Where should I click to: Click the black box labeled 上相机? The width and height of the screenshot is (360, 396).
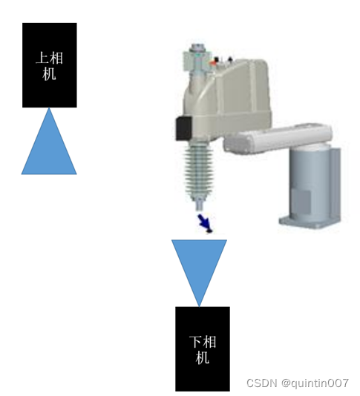point(50,65)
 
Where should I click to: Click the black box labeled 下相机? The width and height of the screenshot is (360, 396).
point(203,349)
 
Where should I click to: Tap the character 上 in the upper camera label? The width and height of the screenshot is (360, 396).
point(42,58)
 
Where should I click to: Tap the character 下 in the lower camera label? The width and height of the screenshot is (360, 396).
point(196,342)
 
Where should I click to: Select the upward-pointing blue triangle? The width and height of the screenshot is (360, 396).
point(49,147)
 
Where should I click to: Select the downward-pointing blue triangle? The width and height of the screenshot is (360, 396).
point(199,268)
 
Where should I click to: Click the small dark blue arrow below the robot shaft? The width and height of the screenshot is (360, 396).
point(206,223)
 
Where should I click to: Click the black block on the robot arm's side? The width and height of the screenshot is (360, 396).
point(183,128)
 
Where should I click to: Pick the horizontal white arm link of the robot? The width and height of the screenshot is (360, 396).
point(278,139)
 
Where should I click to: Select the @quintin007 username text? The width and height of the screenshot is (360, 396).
point(315,383)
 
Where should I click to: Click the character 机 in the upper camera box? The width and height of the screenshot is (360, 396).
point(49,74)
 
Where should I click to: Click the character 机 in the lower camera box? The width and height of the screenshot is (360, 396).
point(202,357)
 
